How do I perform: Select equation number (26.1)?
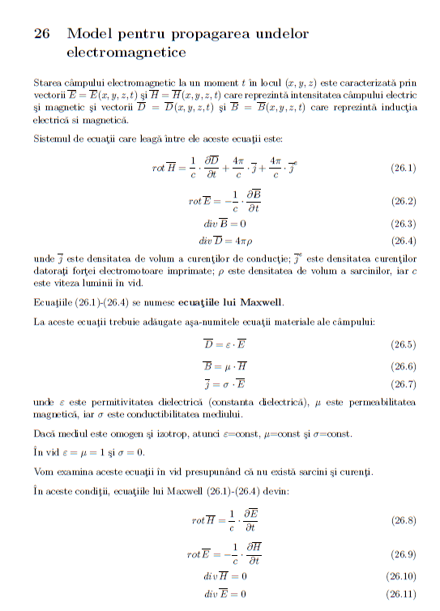(403, 169)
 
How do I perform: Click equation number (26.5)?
(403, 344)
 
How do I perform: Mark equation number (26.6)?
(403, 366)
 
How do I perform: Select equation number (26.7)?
(403, 383)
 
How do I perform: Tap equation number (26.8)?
(403, 519)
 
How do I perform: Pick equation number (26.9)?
(403, 554)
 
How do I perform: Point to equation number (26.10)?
(400, 577)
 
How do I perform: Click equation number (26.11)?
(400, 595)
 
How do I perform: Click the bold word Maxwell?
(258, 304)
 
